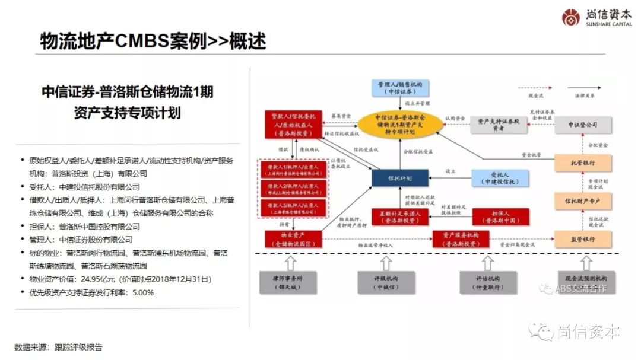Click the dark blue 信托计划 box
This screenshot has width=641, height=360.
click(400, 177)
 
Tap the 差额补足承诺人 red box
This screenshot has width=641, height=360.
click(400, 216)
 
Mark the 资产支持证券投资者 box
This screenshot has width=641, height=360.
click(499, 125)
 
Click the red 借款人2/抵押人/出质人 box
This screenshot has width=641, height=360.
click(287, 189)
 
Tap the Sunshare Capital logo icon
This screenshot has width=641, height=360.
click(572, 17)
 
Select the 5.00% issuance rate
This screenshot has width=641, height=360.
click(142, 292)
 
